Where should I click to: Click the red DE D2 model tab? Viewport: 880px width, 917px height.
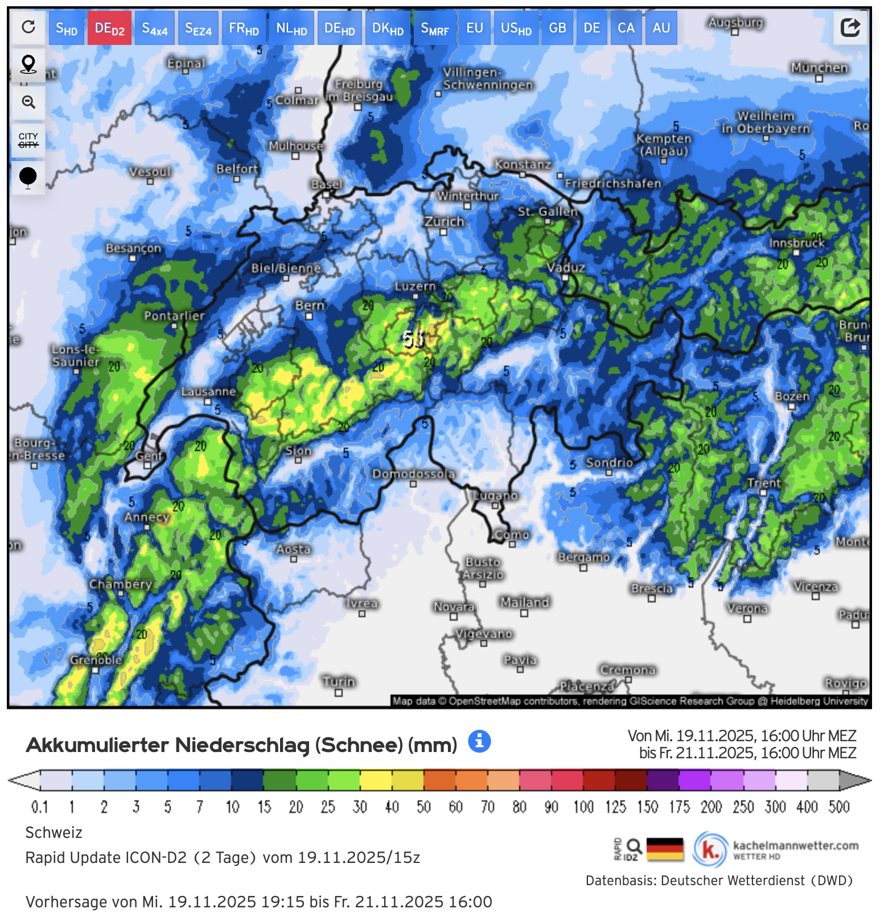pyautogui.click(x=109, y=28)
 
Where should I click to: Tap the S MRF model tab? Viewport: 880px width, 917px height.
pyautogui.click(x=434, y=28)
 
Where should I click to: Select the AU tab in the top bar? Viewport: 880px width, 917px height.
pyautogui.click(x=661, y=28)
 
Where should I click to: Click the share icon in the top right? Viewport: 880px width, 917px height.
pyautogui.click(x=850, y=27)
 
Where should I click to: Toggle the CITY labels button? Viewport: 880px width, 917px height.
pyautogui.click(x=28, y=140)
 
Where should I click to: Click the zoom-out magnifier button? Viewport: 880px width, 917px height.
pyautogui.click(x=28, y=102)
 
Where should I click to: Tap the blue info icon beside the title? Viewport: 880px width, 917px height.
pyautogui.click(x=479, y=741)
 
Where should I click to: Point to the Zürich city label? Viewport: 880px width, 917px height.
pyautogui.click(x=444, y=221)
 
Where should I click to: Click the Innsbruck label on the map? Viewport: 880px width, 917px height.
pyautogui.click(x=796, y=243)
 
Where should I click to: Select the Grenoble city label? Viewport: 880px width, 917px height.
pyautogui.click(x=96, y=660)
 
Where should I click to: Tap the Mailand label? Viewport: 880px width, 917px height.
pyautogui.click(x=525, y=602)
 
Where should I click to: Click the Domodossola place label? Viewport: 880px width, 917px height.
pyautogui.click(x=414, y=474)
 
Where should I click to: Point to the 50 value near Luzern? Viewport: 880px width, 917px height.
pyautogui.click(x=414, y=339)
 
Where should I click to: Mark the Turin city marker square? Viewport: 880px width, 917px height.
pyautogui.click(x=339, y=693)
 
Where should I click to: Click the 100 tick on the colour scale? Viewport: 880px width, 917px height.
pyautogui.click(x=583, y=807)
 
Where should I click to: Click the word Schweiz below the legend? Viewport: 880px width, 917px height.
pyautogui.click(x=54, y=833)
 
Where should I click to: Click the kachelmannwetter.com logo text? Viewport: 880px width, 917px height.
pyautogui.click(x=795, y=846)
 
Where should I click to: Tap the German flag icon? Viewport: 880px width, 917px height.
pyautogui.click(x=665, y=849)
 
